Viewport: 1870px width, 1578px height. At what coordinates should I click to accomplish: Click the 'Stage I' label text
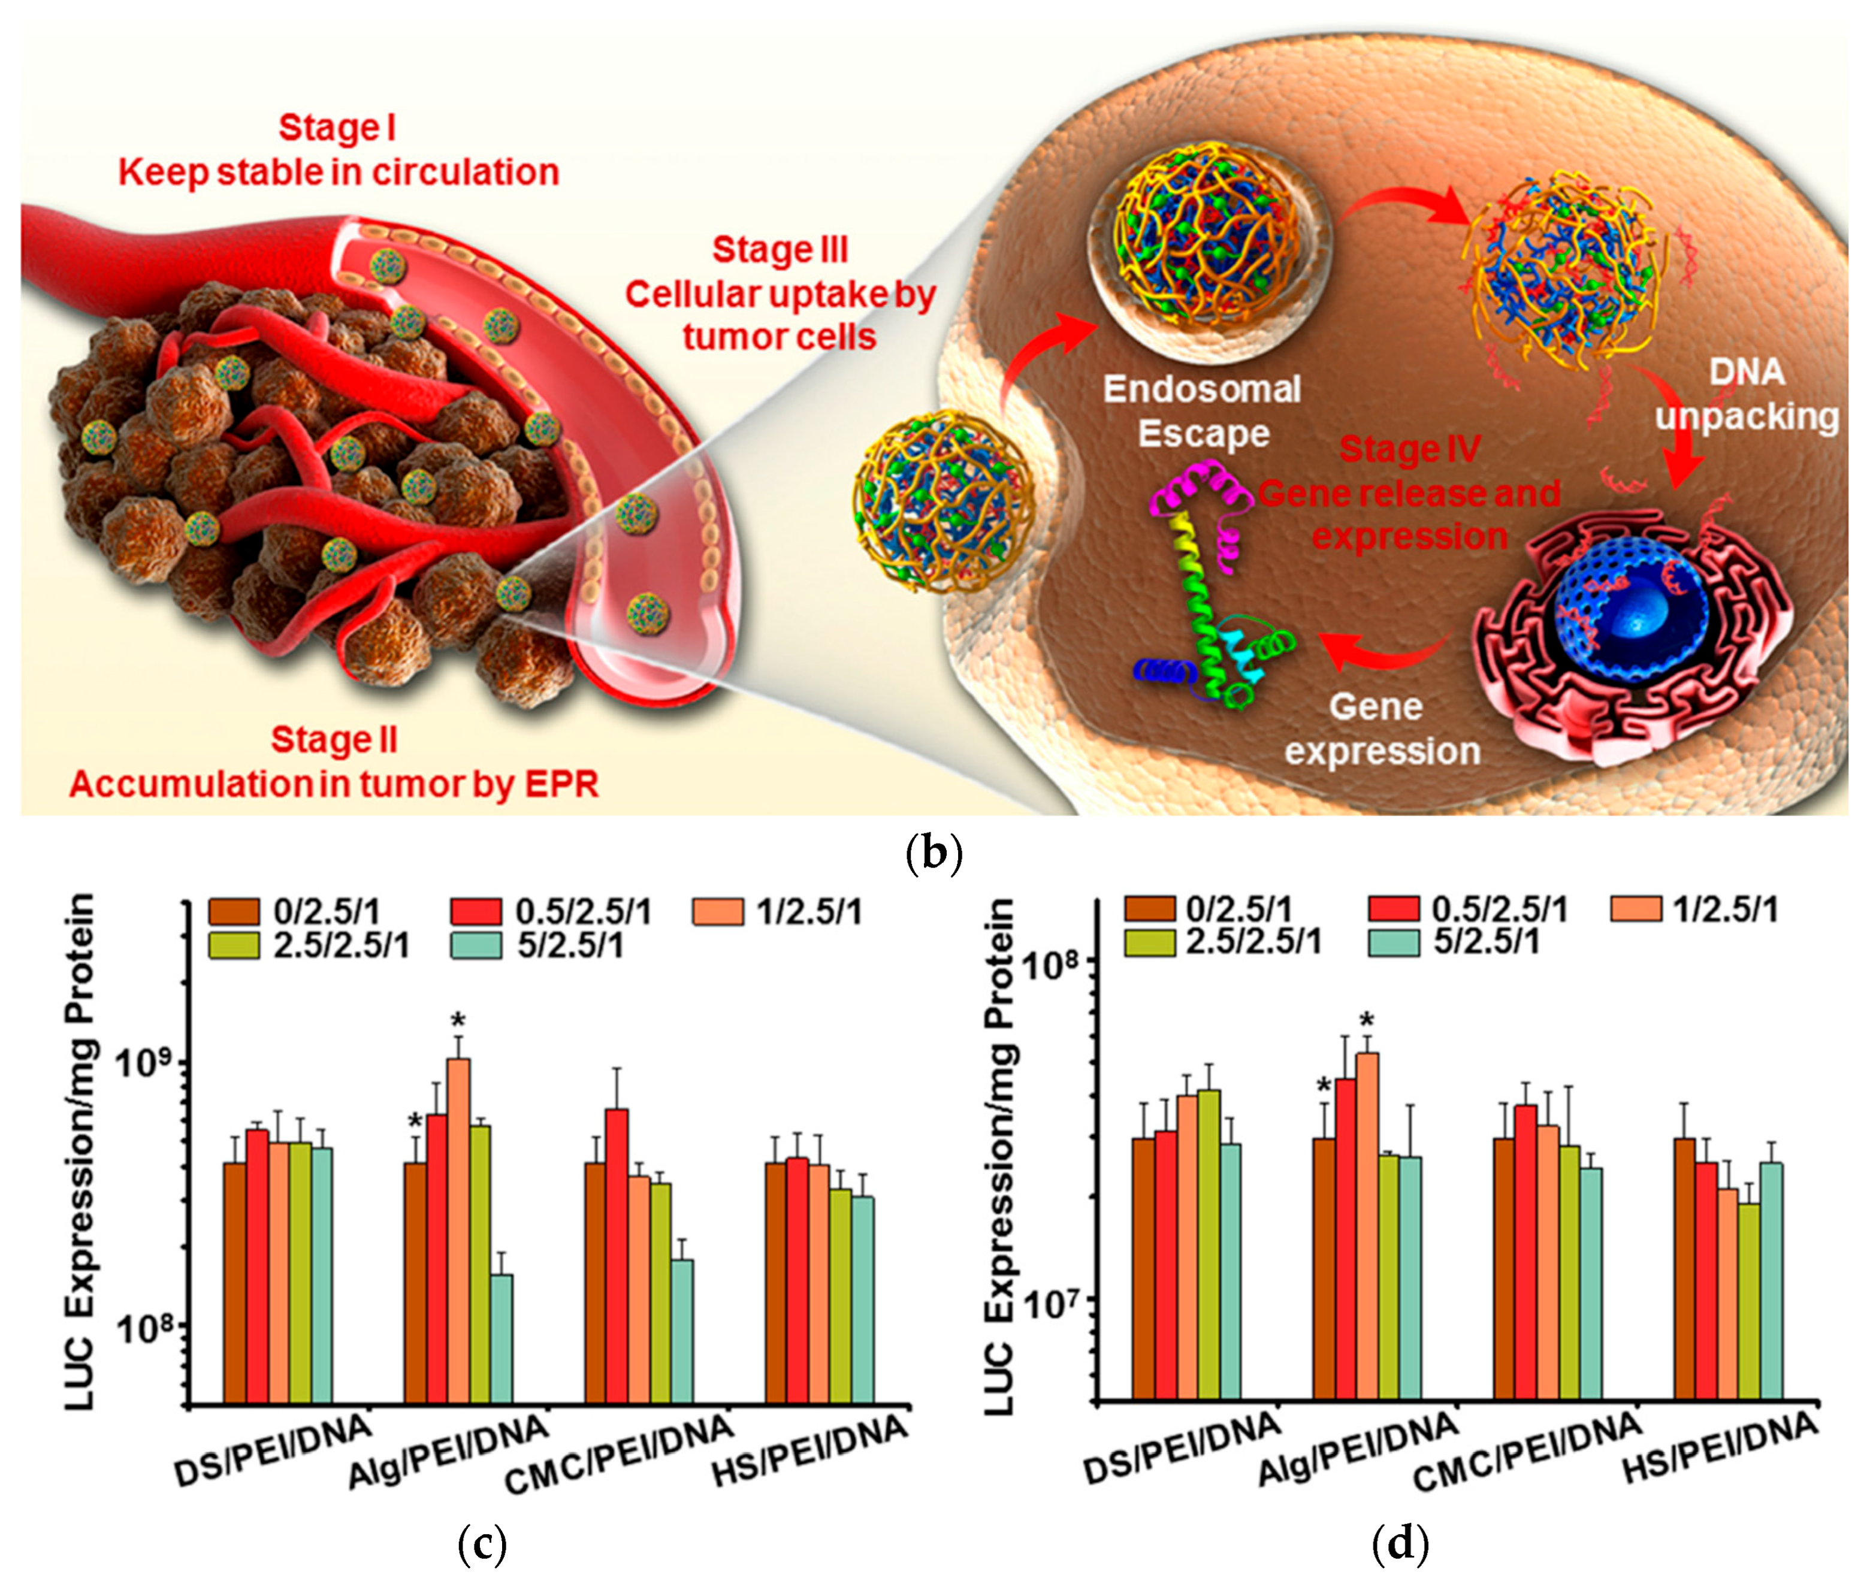(337, 128)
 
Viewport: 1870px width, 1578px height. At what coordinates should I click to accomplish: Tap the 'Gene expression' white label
(1382, 728)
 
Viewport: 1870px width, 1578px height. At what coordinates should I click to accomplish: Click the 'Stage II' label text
(334, 740)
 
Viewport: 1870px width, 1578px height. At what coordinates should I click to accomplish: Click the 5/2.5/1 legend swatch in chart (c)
(476, 945)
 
